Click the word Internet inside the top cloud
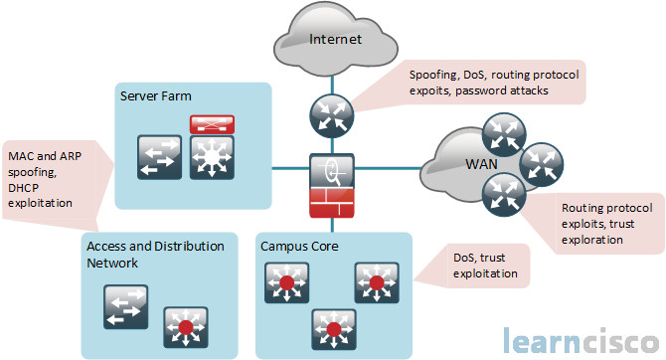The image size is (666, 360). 335,39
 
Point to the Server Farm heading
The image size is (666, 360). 156,96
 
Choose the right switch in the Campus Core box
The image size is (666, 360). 377,284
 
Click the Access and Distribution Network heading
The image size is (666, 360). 154,255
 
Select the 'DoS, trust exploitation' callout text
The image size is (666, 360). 485,264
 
